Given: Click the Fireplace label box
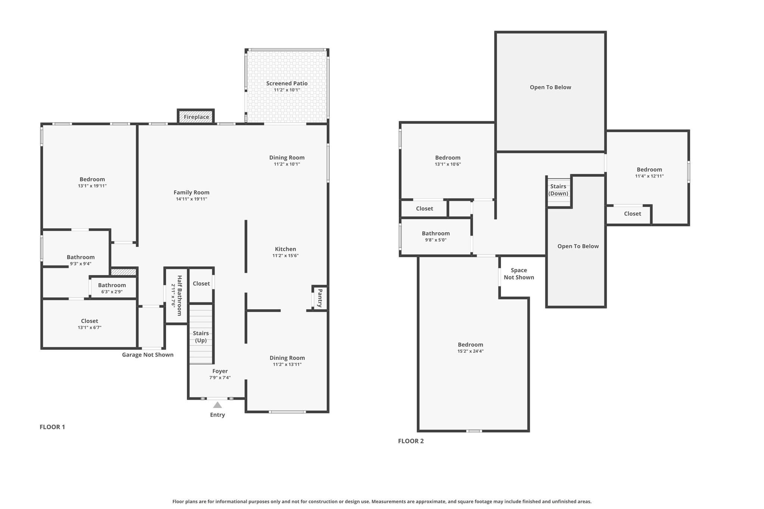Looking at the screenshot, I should coord(196,117).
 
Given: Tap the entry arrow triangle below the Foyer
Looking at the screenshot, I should coord(217,405).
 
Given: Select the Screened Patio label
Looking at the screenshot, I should coord(286,84).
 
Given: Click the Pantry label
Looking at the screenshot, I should coord(320,298).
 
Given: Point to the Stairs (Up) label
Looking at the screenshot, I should coord(201,337).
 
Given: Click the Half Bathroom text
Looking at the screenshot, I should coord(179,295).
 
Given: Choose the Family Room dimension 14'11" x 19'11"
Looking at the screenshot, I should coord(191,199).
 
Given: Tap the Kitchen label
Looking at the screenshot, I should coord(285,249).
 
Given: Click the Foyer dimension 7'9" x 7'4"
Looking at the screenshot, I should coord(220,378).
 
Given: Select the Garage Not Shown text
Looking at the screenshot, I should coord(148,355).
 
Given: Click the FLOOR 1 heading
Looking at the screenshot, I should coord(52,427).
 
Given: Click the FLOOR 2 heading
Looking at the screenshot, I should coord(411,441).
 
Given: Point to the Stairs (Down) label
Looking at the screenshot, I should coord(558,190).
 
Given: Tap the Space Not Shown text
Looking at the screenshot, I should coord(519,274).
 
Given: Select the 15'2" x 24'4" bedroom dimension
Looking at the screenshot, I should coord(470,351).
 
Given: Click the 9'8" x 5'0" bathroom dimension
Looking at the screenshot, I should coord(436,240).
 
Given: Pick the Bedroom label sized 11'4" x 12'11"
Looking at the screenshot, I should coord(649,170).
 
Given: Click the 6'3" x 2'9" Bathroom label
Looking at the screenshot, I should coord(112,285).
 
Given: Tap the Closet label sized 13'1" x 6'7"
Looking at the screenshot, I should coord(90,321).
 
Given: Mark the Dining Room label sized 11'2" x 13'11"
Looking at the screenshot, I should coord(287,358).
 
